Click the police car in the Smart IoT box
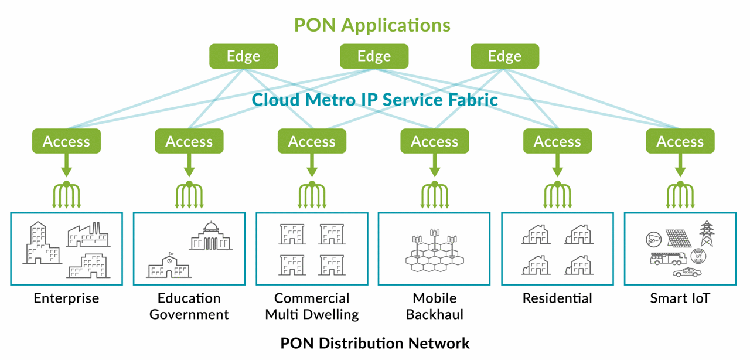(x=686, y=273)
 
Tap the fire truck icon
(x=669, y=258)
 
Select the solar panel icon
(x=678, y=238)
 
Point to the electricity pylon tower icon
(x=707, y=234)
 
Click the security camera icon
(x=653, y=239)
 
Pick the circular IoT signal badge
(x=697, y=256)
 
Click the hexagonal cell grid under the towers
(x=434, y=261)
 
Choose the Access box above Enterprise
(x=66, y=141)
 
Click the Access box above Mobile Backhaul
(x=434, y=141)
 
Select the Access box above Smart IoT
(x=680, y=141)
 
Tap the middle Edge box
(x=374, y=56)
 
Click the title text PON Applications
(x=372, y=25)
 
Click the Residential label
(x=557, y=298)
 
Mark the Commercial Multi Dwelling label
(x=312, y=306)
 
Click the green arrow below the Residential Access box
(x=557, y=165)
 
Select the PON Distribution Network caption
(x=375, y=343)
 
